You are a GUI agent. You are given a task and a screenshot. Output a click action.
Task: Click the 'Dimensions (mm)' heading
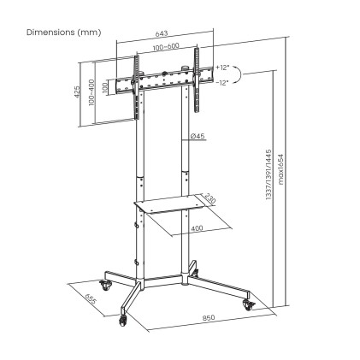(x=63, y=32)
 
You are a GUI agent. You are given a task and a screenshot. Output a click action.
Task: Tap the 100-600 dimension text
(x=166, y=47)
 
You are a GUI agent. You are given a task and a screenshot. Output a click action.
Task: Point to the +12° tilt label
(x=223, y=67)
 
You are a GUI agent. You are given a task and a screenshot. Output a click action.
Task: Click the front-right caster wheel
(x=248, y=302)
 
